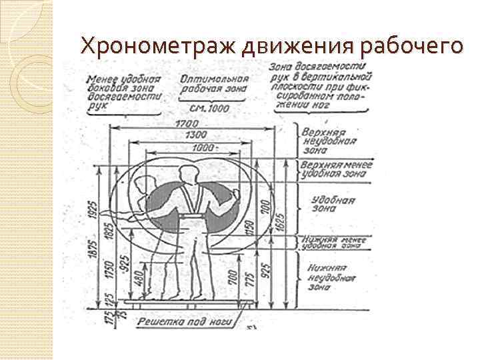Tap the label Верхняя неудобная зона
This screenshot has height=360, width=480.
[x=329, y=141]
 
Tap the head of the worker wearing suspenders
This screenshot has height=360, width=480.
[x=187, y=171]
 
